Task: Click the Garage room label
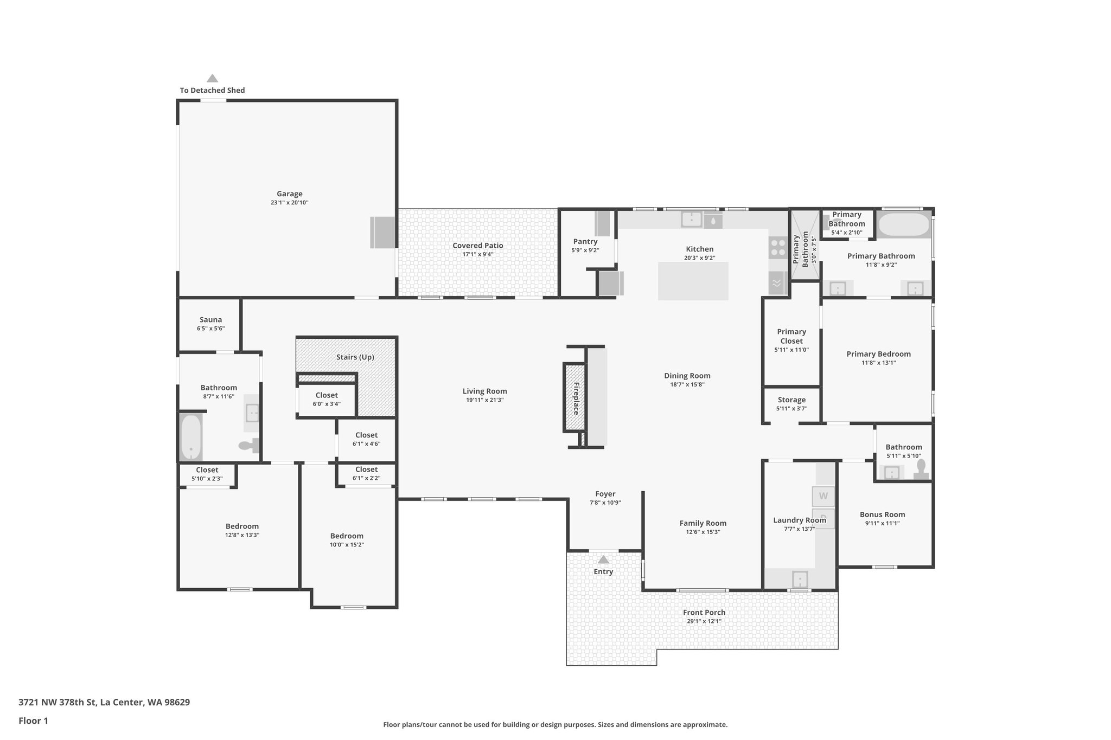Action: [x=289, y=194]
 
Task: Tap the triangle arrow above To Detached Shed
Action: [x=212, y=79]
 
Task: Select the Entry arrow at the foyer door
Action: [x=603, y=559]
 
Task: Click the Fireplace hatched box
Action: [x=575, y=397]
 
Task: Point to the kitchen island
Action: [x=693, y=281]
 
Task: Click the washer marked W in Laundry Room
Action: [x=823, y=496]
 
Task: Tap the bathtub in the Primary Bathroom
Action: [x=904, y=224]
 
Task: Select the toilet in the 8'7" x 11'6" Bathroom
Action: [x=248, y=446]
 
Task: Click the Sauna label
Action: [x=210, y=320]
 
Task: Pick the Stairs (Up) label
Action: [x=355, y=357]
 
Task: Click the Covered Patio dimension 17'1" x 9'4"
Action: [x=477, y=254]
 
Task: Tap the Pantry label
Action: [x=585, y=242]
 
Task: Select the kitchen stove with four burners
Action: [x=778, y=247]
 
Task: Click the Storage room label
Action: [x=791, y=400]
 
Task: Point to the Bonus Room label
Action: [x=882, y=514]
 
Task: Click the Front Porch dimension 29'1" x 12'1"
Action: [x=704, y=621]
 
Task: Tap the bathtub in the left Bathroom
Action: [x=191, y=437]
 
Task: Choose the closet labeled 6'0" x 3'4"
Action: [x=327, y=400]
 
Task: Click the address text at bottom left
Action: [x=104, y=703]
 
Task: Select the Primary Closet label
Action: [x=791, y=336]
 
